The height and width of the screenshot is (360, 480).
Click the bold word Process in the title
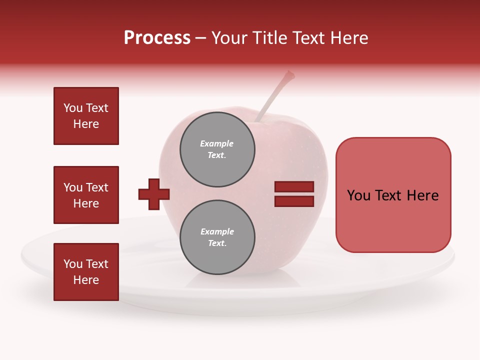pyautogui.click(x=157, y=38)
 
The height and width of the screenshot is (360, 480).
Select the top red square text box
pyautogui.click(x=86, y=116)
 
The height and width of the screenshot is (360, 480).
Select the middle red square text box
pyautogui.click(x=86, y=195)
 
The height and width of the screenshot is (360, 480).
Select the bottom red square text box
pyautogui.click(x=86, y=272)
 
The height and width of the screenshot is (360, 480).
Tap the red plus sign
pyautogui.click(x=154, y=193)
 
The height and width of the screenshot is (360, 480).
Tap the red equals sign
pyautogui.click(x=294, y=194)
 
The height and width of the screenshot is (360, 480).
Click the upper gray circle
pyautogui.click(x=217, y=149)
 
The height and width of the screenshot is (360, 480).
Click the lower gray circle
pyautogui.click(x=217, y=237)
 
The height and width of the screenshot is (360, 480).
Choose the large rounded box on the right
pyautogui.click(x=393, y=195)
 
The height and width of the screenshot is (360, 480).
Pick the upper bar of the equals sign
pyautogui.click(x=294, y=187)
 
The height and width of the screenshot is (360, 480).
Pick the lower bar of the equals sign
pyautogui.click(x=294, y=201)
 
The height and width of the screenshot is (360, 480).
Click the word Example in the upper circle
pyautogui.click(x=216, y=143)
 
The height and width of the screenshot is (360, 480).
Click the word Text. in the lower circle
pyautogui.click(x=217, y=243)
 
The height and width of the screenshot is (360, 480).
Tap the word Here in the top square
pyautogui.click(x=86, y=124)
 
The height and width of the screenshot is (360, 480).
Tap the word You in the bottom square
pyautogui.click(x=73, y=264)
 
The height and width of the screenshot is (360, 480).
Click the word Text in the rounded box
pyautogui.click(x=391, y=195)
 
